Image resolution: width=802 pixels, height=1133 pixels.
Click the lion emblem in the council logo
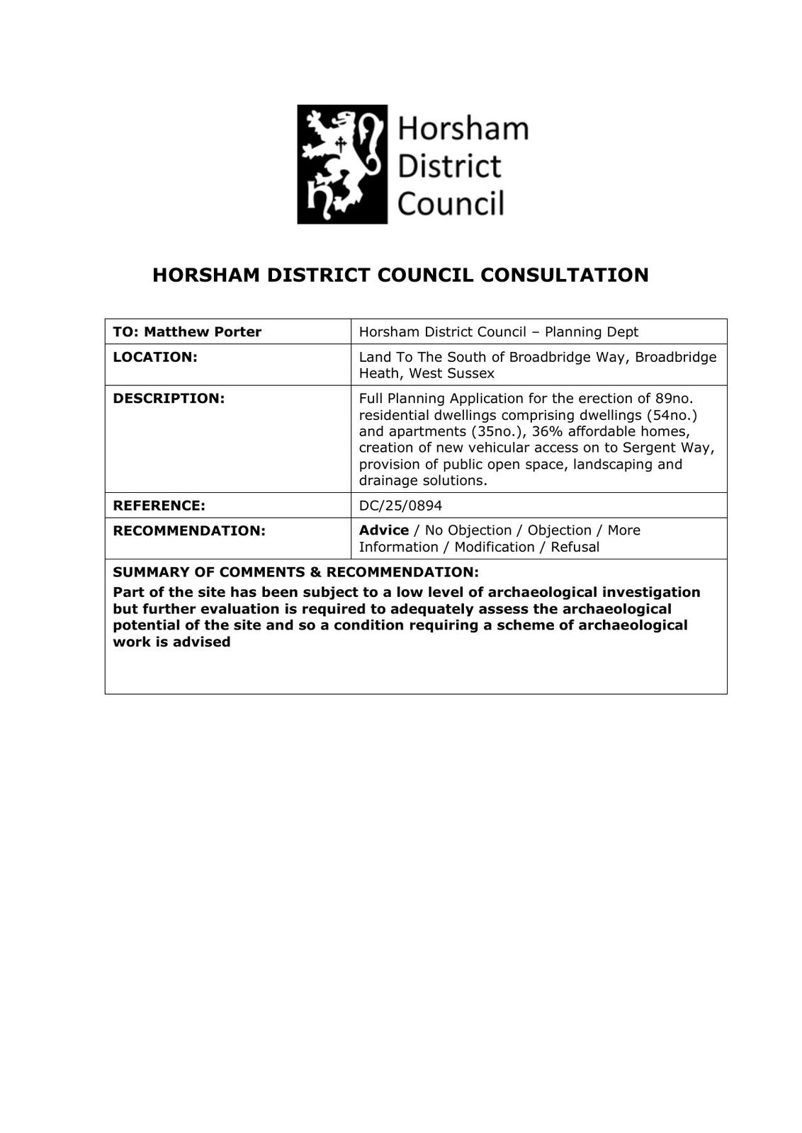coord(342,164)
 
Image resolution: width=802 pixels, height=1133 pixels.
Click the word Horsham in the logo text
coord(463,130)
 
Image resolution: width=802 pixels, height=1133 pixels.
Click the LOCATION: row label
coord(155,357)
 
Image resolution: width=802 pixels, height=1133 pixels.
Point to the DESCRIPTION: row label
coord(169,398)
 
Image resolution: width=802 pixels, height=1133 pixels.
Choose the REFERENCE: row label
coord(159,506)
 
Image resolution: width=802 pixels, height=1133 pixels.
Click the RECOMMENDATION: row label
coord(189,530)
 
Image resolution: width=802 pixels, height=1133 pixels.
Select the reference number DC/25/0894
coord(400,506)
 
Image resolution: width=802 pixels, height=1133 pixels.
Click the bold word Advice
coord(383,530)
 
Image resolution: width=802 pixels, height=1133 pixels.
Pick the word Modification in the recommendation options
coord(494,547)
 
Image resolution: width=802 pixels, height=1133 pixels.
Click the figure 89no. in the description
coord(674,398)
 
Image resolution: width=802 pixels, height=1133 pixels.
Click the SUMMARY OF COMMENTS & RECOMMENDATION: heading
coord(295,571)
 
